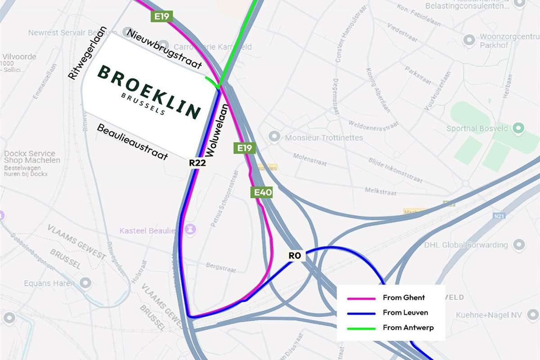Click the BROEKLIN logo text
tap(149, 92)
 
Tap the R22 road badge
tap(198, 163)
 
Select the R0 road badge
tap(294, 256)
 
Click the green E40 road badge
tap(261, 193)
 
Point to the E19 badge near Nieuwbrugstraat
tap(162, 17)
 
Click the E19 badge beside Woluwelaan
tap(244, 148)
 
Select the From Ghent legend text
tap(404, 297)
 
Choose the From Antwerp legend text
tap(408, 328)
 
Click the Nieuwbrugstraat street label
tap(164, 49)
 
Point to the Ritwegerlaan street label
tap(87, 53)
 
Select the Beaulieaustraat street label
tap(133, 142)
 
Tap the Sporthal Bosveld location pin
tap(519, 129)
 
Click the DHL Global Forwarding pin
tap(519, 245)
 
